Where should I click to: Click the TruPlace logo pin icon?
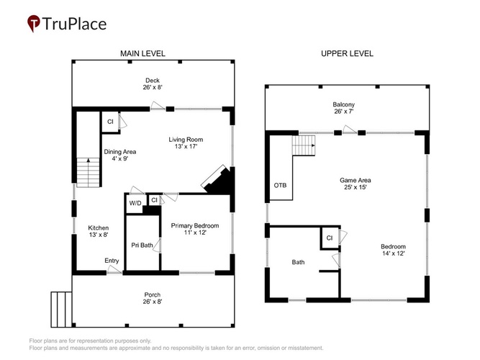tap(34, 23)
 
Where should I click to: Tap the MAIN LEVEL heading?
tap(142, 53)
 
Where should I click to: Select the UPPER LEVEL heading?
tap(347, 53)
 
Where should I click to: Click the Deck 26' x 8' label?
tap(153, 84)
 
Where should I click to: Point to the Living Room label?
tap(186, 143)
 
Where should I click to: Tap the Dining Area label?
tap(120, 155)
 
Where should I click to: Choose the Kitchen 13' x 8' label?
tap(99, 231)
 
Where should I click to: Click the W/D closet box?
tap(135, 204)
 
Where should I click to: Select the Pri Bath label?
tap(142, 245)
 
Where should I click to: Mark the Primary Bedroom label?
tap(195, 229)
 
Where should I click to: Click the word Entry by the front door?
tap(112, 261)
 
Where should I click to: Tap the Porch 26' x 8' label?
tap(153, 298)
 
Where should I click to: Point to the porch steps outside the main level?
tap(62, 309)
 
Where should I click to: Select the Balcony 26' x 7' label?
tap(344, 108)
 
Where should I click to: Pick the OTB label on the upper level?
tap(280, 185)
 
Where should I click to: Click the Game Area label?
tap(356, 184)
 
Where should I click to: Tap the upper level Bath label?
tap(298, 262)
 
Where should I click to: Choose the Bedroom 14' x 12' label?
tap(394, 250)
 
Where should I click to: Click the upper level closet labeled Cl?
tap(330, 238)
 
